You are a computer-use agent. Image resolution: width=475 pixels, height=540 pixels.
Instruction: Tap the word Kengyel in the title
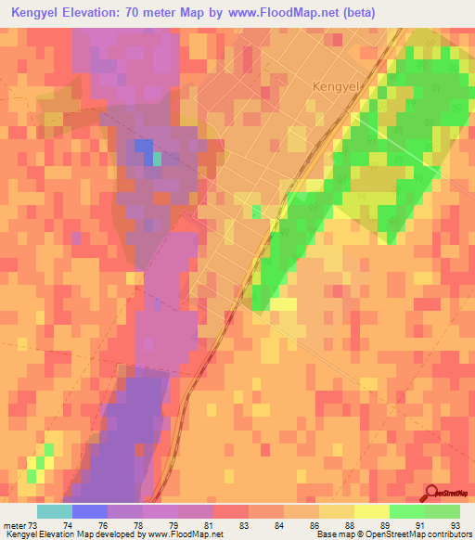coord(45,12)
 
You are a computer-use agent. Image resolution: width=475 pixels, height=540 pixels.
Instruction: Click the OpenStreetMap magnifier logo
coord(432,492)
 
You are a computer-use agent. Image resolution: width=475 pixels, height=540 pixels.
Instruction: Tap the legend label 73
coord(32,525)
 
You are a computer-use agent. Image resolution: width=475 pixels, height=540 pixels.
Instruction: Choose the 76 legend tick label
coord(104,525)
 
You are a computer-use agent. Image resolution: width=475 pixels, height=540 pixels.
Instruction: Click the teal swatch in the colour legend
coord(54,511)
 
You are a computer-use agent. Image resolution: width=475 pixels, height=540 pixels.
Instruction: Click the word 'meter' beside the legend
coord(14,525)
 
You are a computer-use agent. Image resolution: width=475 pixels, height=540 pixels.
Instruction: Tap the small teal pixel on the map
coord(157,159)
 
